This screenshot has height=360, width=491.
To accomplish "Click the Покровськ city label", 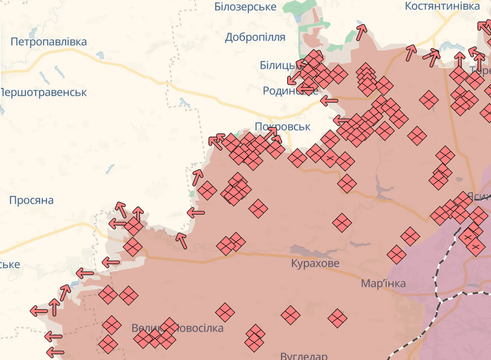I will click(x=283, y=127).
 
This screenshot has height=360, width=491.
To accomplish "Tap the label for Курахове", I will click(x=315, y=263).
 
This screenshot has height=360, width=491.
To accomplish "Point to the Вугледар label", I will click(x=304, y=355).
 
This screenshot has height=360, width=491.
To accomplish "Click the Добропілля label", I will click(x=255, y=37).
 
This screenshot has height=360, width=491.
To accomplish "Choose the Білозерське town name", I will click(x=245, y=7).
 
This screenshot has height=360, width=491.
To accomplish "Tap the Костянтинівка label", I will click(x=442, y=6).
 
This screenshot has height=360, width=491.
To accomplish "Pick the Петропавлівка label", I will click(x=48, y=42).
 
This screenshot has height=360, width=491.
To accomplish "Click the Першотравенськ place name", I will click(x=44, y=92).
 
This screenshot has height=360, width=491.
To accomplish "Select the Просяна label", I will click(x=31, y=200).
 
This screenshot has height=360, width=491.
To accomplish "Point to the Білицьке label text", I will click(x=278, y=66).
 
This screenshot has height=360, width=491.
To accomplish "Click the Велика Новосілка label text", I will click(x=177, y=328).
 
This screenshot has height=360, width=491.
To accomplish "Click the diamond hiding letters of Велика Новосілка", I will click(x=169, y=326).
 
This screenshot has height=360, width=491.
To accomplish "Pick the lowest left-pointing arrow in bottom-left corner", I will click(x=55, y=352).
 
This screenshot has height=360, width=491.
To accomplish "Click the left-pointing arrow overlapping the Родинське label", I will click(x=309, y=90).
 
